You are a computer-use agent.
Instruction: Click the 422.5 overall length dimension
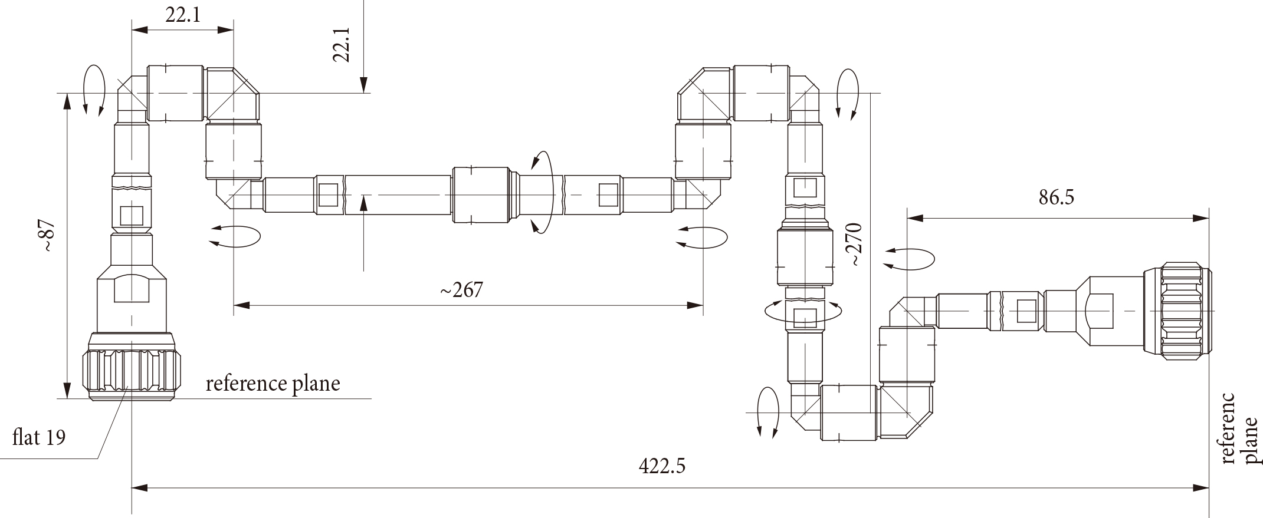662,467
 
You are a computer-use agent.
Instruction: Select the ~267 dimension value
461,289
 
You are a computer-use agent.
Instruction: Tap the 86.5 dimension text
1056,197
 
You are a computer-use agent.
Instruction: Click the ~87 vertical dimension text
47,236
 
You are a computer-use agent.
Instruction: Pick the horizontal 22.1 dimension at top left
182,15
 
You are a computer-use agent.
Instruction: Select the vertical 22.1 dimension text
342,44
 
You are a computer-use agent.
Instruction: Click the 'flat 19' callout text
39,438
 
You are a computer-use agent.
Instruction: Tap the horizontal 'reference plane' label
273,384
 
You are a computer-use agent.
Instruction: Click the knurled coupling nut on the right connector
1176,313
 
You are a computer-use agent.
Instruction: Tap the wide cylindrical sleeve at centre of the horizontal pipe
481,195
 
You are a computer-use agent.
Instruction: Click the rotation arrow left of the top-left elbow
94,89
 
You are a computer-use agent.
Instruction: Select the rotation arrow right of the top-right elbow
848,94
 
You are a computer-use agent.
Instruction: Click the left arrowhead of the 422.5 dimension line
139,488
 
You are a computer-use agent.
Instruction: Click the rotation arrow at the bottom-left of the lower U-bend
766,412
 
